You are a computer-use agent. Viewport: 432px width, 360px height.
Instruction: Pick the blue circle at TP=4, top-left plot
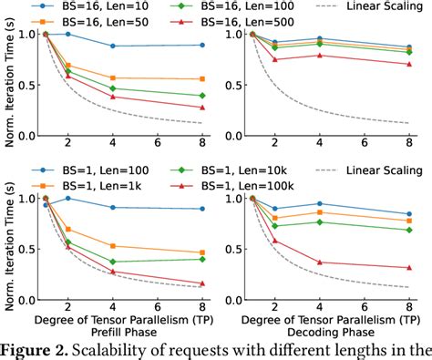(111, 46)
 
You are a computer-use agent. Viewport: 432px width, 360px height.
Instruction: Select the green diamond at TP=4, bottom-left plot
(111, 262)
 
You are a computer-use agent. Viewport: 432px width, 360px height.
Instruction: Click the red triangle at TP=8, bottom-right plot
(407, 268)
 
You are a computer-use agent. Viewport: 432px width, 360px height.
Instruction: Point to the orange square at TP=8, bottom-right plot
(407, 221)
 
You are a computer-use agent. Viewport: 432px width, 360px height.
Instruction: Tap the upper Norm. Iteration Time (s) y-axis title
(9, 79)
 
